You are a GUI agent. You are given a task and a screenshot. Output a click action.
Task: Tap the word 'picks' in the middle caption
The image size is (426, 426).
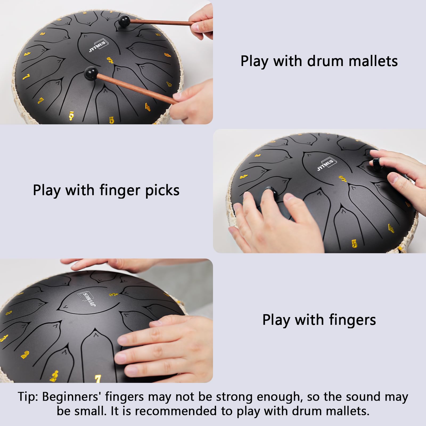(x=162, y=191)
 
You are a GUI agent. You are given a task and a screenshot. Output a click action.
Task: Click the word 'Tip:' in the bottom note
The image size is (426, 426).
(x=28, y=397)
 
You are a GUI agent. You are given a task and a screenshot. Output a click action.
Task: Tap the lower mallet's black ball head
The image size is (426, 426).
(x=91, y=72)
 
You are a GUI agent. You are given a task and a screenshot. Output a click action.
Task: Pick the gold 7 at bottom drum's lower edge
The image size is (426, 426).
(x=98, y=378)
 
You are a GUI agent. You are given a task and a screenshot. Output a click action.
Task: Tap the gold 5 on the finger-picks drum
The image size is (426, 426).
(x=354, y=243)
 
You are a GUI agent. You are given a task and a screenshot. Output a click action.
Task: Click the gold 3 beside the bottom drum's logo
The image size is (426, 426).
(x=113, y=294)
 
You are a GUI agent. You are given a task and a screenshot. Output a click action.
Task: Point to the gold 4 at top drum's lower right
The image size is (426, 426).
(x=148, y=107)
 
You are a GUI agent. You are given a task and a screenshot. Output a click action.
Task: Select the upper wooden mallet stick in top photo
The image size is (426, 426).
(x=160, y=23)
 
